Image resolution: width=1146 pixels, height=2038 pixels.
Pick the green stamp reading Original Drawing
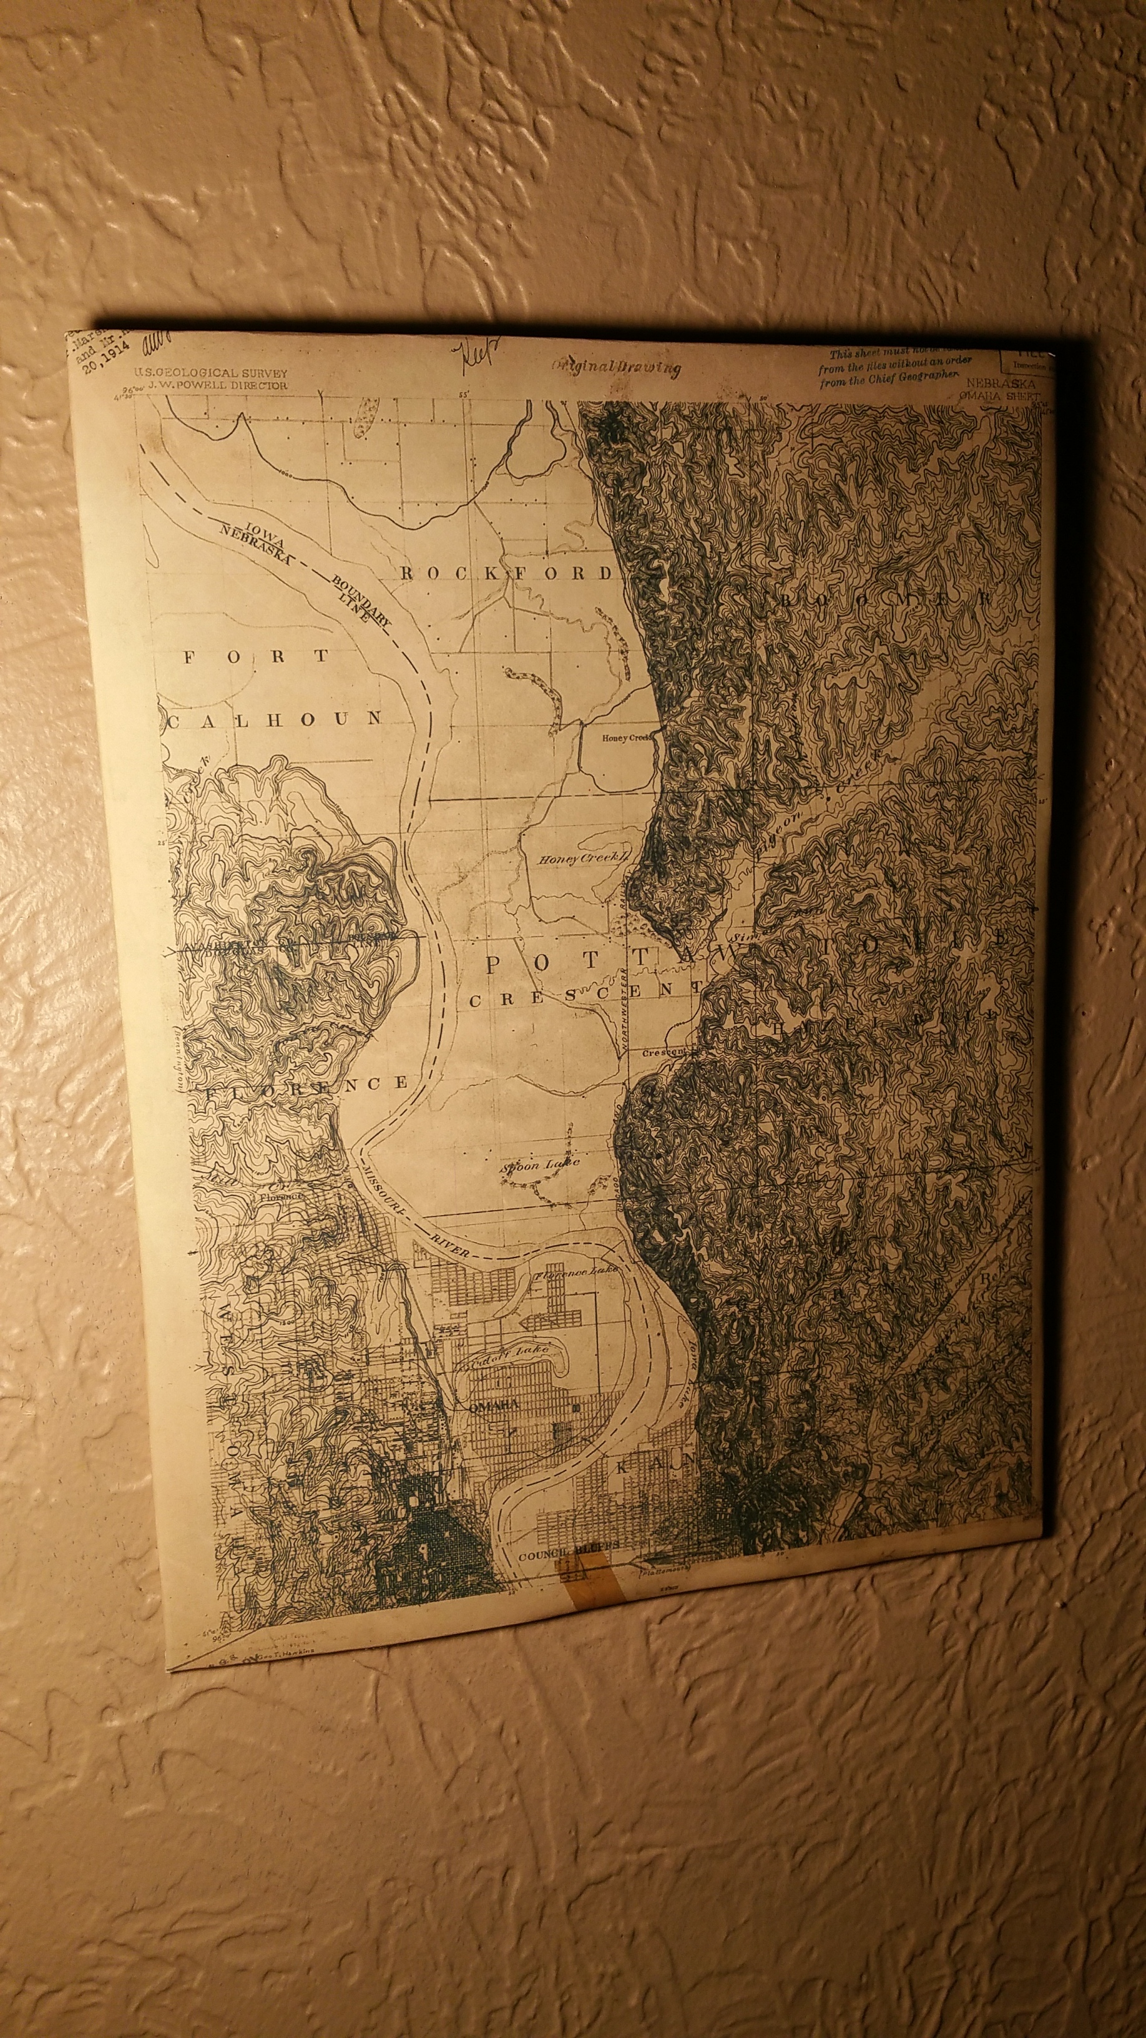point(616,367)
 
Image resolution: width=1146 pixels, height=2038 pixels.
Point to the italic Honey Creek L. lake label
point(583,859)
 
